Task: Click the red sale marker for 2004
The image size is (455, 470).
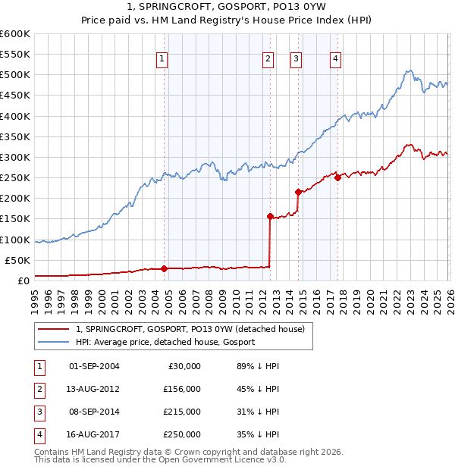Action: click(x=164, y=268)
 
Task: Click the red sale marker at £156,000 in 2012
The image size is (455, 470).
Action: click(x=270, y=216)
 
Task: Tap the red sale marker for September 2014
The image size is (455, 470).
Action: click(x=298, y=192)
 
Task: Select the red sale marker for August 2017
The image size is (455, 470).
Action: click(x=337, y=177)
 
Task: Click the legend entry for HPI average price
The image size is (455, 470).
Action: click(x=165, y=342)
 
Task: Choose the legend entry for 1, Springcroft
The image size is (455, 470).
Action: click(x=190, y=329)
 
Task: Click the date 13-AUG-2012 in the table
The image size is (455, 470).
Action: click(x=94, y=388)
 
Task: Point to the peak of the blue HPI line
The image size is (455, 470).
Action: click(x=408, y=71)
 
